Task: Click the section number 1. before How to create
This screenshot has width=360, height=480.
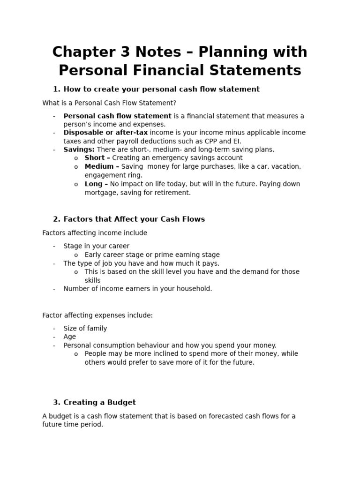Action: (57, 89)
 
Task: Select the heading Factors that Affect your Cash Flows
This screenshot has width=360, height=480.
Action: (134, 219)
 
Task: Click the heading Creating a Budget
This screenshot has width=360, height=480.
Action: (99, 402)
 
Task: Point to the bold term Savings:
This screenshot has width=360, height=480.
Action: (79, 150)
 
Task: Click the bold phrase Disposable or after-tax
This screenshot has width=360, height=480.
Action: (105, 133)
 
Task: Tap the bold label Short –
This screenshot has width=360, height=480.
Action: (97, 158)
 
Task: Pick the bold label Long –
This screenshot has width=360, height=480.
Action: (96, 184)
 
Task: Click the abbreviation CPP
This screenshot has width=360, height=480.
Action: (215, 141)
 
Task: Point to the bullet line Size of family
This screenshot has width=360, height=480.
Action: (85, 328)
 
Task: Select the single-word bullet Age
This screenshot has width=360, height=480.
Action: (69, 337)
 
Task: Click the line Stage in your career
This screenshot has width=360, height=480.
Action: (97, 246)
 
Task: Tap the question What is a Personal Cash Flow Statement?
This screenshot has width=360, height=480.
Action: (109, 103)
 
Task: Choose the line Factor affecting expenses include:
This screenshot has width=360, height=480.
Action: (97, 315)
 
